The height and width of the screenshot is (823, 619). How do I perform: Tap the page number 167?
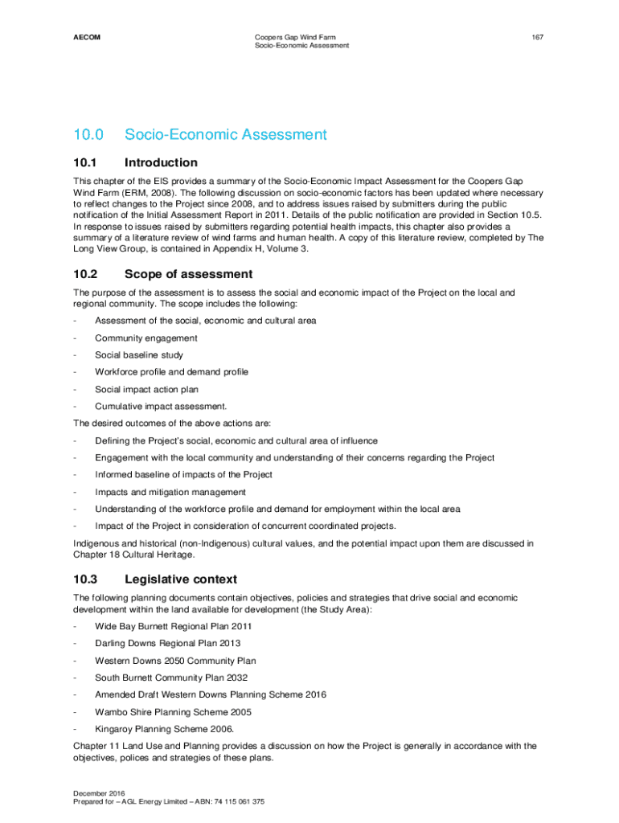tap(539, 37)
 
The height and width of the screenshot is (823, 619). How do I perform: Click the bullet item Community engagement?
tap(146, 338)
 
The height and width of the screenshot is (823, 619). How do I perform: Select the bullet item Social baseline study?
tap(139, 355)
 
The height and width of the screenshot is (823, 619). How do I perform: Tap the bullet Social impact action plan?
tap(147, 389)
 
